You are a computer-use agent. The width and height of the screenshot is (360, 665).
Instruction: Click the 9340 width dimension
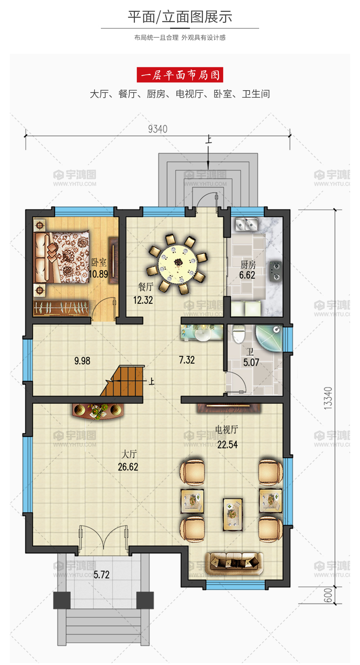tap(157, 129)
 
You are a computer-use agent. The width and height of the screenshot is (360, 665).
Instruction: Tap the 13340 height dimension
tap(328, 398)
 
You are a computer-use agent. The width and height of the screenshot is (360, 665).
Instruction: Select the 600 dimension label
tap(328, 595)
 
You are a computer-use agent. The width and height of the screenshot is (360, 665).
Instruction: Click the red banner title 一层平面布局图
tap(180, 75)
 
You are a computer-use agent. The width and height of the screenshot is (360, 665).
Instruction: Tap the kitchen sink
tap(246, 224)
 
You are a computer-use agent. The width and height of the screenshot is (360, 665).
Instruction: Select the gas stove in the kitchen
tap(275, 271)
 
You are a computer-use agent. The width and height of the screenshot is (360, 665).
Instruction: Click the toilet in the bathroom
tap(239, 333)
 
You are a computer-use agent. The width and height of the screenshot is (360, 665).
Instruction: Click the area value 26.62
tap(128, 467)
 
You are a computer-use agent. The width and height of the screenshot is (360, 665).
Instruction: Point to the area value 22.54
tap(227, 445)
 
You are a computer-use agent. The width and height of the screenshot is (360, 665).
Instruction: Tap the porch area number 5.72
tap(102, 575)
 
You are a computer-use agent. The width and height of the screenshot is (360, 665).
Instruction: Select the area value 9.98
tap(82, 361)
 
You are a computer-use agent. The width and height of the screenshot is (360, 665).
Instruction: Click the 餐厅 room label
tap(146, 287)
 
